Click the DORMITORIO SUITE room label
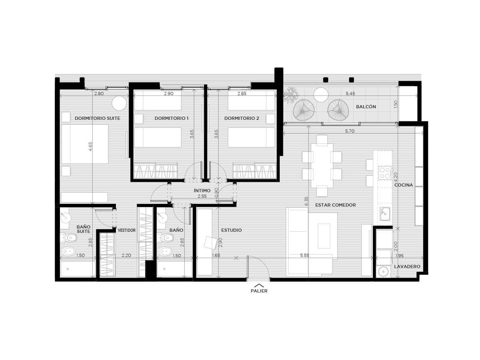(x=97, y=118)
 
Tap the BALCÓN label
(x=366, y=107)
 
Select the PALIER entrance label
(x=259, y=291)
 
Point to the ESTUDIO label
(x=231, y=230)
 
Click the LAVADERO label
(x=407, y=267)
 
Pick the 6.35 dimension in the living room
(x=307, y=201)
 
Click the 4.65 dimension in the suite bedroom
(x=91, y=147)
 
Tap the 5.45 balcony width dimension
(x=351, y=93)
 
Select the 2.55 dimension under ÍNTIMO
(x=202, y=196)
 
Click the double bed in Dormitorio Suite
(x=85, y=144)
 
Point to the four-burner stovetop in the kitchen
(x=385, y=173)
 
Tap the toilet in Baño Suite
(x=68, y=238)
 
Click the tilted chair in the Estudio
(x=210, y=243)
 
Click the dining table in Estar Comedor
(x=322, y=166)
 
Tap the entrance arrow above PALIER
(x=259, y=285)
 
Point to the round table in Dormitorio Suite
(x=119, y=103)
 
